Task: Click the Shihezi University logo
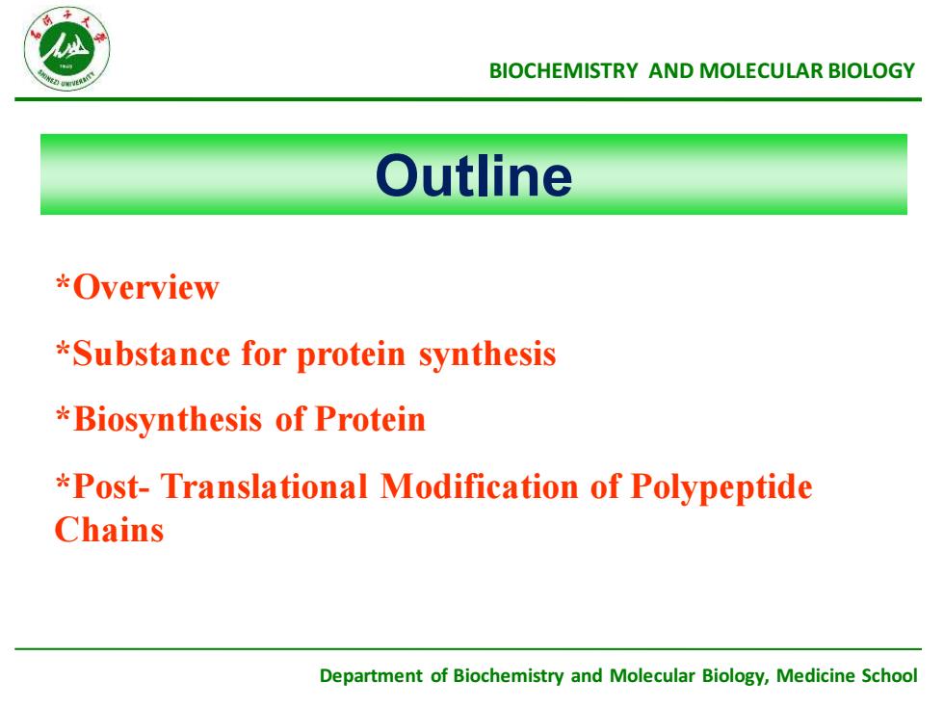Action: click(x=66, y=49)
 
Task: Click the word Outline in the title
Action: click(x=474, y=175)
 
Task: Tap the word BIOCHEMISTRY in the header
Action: click(x=564, y=71)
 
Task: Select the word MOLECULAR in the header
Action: click(x=761, y=71)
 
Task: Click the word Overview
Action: click(x=145, y=287)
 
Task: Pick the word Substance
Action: click(x=151, y=354)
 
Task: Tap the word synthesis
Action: click(x=487, y=355)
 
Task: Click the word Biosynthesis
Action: click(x=168, y=420)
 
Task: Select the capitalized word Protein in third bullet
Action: click(x=370, y=419)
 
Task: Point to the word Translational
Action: click(x=264, y=486)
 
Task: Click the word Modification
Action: click(x=480, y=486)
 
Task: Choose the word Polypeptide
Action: click(x=721, y=487)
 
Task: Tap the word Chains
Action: click(x=109, y=531)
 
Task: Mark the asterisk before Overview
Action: click(x=64, y=282)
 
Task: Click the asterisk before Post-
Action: click(x=64, y=483)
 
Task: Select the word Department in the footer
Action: click(x=371, y=676)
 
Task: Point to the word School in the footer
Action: click(x=889, y=675)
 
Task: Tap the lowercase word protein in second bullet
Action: click(x=351, y=355)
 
